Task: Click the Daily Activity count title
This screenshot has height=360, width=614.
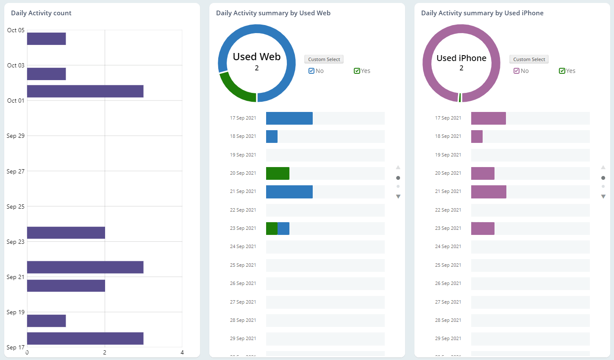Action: [x=41, y=13]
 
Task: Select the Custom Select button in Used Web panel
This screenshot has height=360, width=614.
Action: [x=324, y=59]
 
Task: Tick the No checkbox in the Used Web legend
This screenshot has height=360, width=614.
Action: [x=311, y=71]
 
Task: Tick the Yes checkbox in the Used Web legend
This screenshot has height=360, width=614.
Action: [x=357, y=71]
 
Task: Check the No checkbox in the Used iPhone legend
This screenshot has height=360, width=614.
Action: [x=517, y=71]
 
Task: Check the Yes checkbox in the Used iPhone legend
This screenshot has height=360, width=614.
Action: [x=562, y=71]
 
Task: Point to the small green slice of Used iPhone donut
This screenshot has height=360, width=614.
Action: [x=460, y=98]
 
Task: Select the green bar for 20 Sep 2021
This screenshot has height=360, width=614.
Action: [x=278, y=173]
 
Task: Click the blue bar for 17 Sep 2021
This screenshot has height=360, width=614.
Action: [x=289, y=118]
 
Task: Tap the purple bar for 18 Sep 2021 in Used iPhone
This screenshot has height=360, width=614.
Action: [x=477, y=137]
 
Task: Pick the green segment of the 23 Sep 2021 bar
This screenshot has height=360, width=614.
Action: [x=272, y=229]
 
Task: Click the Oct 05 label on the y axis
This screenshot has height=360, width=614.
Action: [x=16, y=30]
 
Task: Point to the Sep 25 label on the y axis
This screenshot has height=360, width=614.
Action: [x=16, y=207]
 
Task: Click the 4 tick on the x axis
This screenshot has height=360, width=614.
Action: [x=182, y=352]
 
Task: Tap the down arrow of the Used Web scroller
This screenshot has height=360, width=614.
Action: [x=398, y=196]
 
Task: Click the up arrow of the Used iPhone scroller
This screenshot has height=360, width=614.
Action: [x=603, y=167]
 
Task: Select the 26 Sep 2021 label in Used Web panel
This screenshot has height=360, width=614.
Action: [x=243, y=283]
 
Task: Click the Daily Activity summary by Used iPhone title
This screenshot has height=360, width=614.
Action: [x=482, y=13]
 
